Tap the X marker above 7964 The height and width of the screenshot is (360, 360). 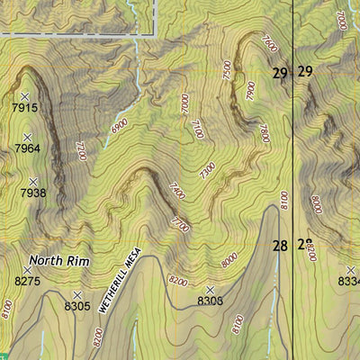coord(27,137)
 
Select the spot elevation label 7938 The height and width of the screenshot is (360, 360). coord(31,193)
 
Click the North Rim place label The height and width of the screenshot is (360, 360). coord(59,261)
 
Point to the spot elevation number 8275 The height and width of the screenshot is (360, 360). coord(29,282)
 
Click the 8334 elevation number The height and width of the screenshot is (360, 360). coord(348,283)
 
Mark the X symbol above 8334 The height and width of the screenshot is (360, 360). coord(350,270)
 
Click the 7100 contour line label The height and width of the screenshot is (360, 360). coord(198,130)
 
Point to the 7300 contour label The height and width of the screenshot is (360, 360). coord(208,168)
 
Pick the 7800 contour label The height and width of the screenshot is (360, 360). coord(264,133)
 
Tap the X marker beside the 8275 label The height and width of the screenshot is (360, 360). coord(28,269)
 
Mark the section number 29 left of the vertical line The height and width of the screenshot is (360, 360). coord(280,72)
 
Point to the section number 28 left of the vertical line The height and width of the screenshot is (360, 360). coord(280,245)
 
